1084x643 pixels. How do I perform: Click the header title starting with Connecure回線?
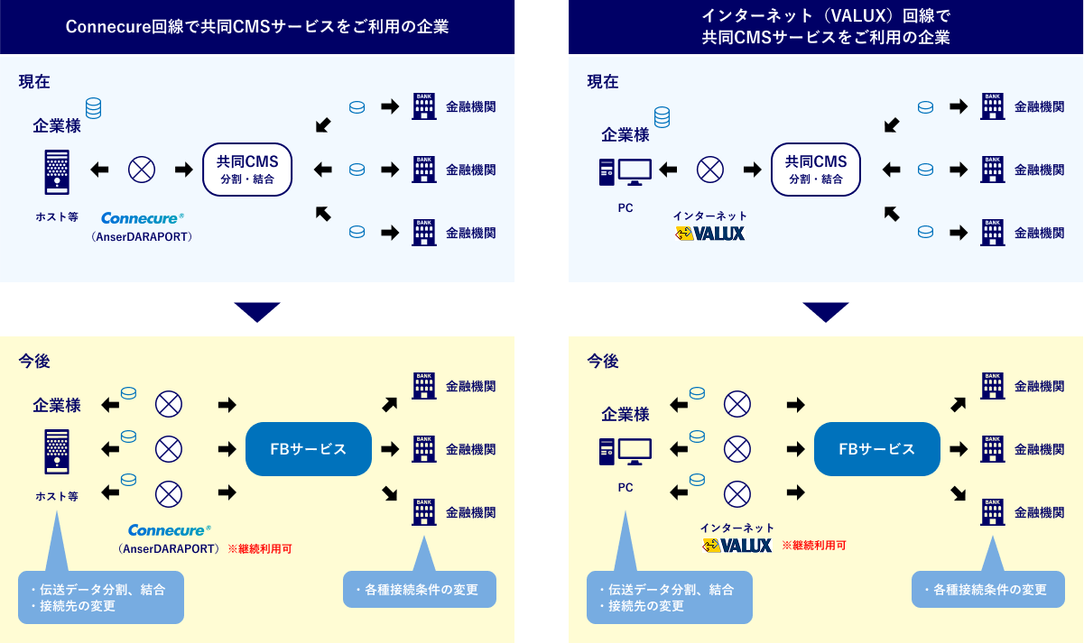click(257, 27)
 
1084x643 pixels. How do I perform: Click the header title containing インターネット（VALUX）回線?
click(826, 27)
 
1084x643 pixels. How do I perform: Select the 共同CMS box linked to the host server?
click(247, 169)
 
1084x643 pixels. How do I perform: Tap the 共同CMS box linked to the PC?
click(816, 169)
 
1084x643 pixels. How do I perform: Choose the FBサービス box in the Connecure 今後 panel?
click(309, 449)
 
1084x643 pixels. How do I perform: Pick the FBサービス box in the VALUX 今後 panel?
click(876, 449)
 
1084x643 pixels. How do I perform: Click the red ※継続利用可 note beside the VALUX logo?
click(813, 546)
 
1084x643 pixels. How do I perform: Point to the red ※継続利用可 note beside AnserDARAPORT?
click(259, 547)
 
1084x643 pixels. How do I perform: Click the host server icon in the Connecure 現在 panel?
click(55, 170)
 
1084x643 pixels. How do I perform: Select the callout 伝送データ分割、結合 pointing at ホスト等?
click(100, 597)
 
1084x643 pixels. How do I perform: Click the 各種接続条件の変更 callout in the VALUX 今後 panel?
click(987, 589)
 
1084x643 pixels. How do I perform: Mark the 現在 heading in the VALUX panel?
click(603, 81)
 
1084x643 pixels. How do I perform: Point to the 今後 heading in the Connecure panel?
click(34, 361)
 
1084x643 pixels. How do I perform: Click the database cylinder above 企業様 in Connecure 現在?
click(93, 108)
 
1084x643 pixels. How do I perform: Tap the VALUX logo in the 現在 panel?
click(710, 234)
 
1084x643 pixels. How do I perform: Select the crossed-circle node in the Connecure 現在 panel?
click(142, 169)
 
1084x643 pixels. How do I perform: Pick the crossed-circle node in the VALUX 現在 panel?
click(710, 169)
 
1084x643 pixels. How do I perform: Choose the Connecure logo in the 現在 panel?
click(142, 218)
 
